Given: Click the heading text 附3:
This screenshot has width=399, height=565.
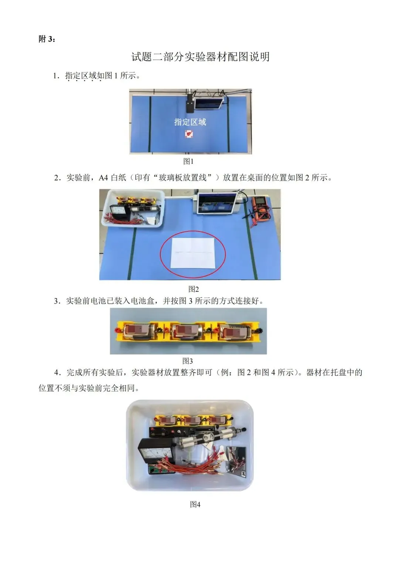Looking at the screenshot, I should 47,39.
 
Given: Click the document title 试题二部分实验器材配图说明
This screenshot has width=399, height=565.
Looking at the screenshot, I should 200,57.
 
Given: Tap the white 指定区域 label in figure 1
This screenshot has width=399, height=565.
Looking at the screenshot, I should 190,122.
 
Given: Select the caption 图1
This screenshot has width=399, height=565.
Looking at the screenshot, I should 188,162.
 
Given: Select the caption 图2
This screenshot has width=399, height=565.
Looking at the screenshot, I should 194,289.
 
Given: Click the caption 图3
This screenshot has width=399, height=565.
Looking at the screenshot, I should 188,361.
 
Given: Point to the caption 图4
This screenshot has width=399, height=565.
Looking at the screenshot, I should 195,504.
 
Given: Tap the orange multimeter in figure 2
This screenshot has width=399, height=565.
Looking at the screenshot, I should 260,207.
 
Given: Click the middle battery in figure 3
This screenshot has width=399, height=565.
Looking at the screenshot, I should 188,331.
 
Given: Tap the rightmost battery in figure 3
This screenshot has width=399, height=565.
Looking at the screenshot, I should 235,331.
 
